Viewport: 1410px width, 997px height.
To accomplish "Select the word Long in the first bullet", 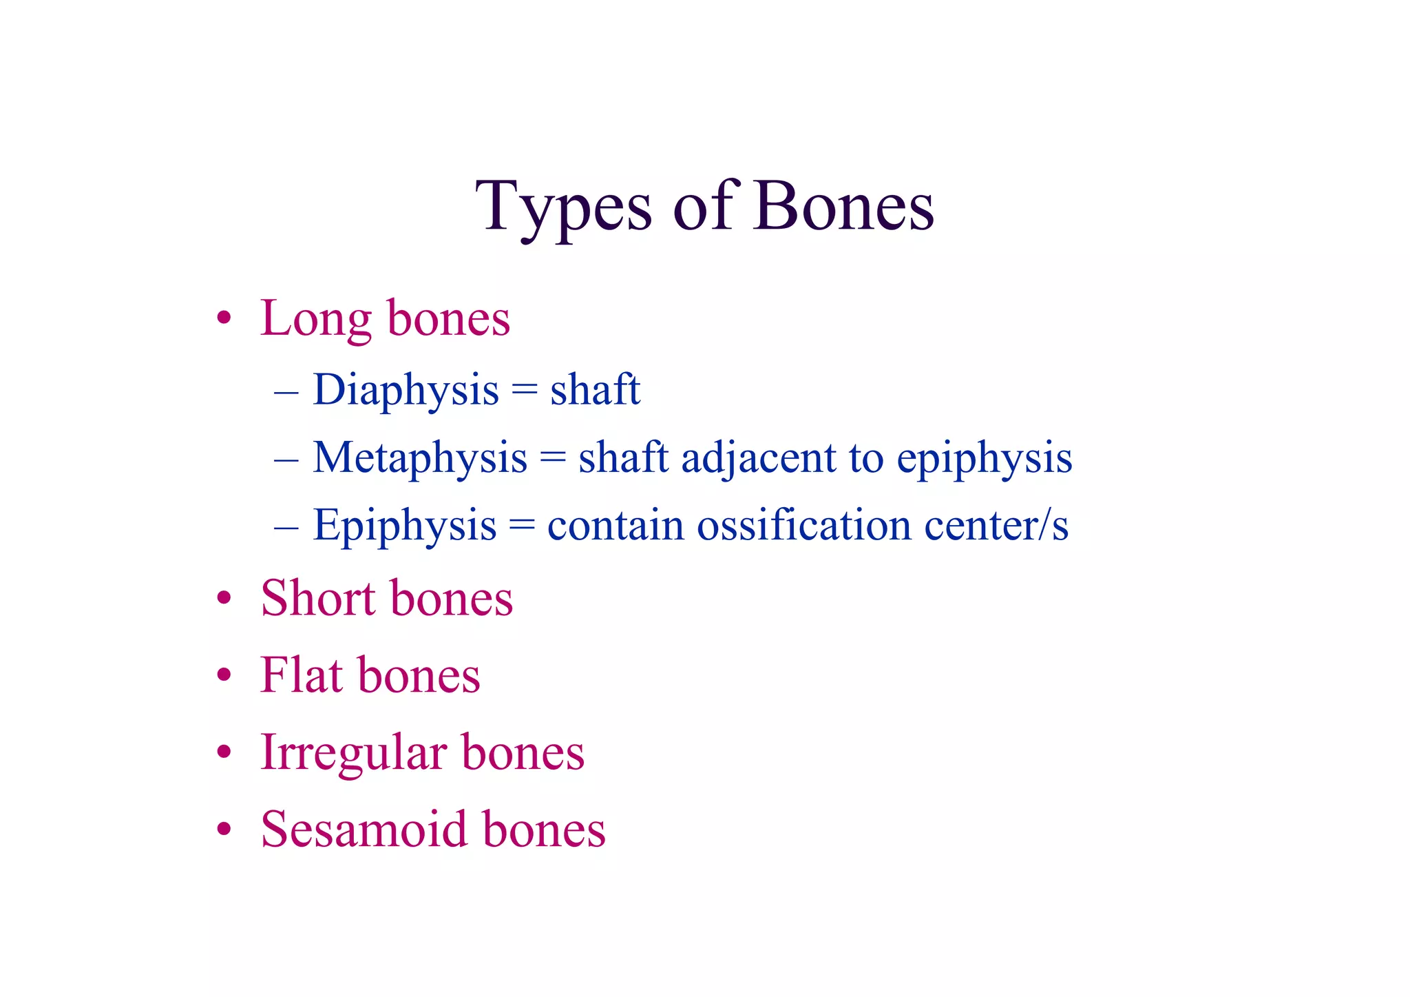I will point(316,319).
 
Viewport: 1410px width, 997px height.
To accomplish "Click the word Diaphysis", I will point(406,391).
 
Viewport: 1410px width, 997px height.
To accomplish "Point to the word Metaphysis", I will point(419,458).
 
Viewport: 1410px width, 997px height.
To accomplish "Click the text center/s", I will point(996,525).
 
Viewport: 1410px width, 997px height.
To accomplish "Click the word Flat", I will point(301,675).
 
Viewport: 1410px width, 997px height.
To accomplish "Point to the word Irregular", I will point(352,753).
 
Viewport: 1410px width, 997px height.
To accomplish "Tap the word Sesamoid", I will point(364,829).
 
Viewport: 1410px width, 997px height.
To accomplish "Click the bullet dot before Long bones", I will point(223,320).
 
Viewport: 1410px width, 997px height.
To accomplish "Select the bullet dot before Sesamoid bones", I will point(223,830).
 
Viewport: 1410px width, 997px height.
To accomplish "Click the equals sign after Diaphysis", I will point(524,391).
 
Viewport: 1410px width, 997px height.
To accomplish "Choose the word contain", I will point(615,525).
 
